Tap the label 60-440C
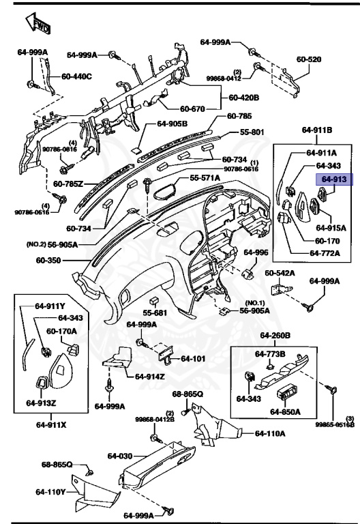[x=76, y=76]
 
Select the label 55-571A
[x=205, y=177]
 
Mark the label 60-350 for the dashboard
[x=49, y=260]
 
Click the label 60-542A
[x=280, y=273]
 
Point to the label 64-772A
[x=325, y=253]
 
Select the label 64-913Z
[x=41, y=403]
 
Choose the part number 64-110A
[x=270, y=433]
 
